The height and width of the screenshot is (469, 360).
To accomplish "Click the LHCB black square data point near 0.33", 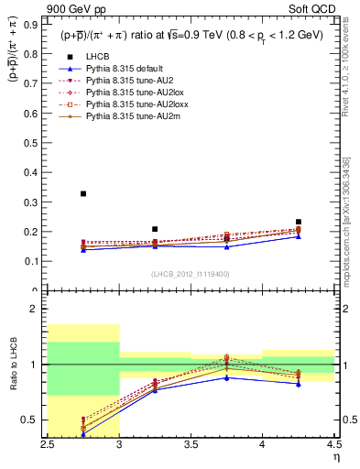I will [83, 193].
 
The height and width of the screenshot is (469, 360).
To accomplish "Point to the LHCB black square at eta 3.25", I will [155, 229].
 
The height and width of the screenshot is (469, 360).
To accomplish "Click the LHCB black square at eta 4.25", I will [298, 222].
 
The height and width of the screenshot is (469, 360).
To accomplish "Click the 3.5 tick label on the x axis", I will [191, 444].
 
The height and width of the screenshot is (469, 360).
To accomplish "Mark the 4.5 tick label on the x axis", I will [333, 444].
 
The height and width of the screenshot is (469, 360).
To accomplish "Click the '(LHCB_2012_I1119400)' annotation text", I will [191, 274].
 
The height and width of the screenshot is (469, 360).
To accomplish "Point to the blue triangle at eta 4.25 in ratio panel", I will [298, 384].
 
